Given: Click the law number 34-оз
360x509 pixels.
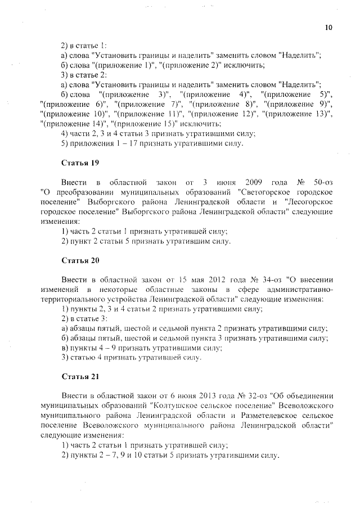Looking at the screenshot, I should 267,279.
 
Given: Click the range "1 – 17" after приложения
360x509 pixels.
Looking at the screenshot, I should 114,143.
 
